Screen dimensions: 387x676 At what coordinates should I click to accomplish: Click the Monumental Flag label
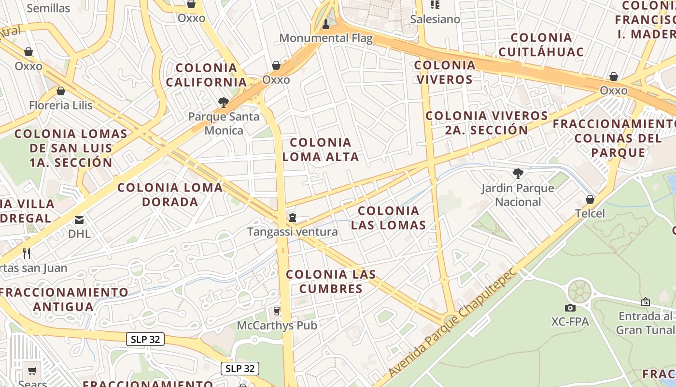pos(326,38)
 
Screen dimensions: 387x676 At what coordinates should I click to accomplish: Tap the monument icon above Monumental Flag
pos(326,24)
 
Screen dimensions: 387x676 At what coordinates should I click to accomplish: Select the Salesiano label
pos(435,19)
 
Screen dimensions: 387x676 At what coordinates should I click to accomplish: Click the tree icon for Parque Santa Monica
pos(223,102)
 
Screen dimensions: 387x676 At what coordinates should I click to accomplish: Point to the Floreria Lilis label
pos(61,105)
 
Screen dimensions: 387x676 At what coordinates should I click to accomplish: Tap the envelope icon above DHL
pos(79,221)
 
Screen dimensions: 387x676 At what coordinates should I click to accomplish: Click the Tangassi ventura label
pos(293,232)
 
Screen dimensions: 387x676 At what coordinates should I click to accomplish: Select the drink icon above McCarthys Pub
pos(277,311)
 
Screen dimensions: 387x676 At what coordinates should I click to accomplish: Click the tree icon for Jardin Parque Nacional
pos(518,173)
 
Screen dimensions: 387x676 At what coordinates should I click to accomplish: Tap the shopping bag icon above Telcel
pos(590,199)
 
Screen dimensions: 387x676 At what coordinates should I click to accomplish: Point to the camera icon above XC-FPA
pos(570,308)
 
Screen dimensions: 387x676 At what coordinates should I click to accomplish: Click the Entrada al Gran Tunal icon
pos(645,302)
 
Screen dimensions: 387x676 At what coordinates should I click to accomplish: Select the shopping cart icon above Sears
pos(32,371)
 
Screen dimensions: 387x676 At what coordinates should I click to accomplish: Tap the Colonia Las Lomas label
pos(388,218)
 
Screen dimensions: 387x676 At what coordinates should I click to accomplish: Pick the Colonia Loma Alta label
pos(321,149)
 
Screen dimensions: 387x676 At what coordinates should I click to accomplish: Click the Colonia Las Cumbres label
pos(331,282)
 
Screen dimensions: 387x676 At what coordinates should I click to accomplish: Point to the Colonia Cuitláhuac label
pos(541,45)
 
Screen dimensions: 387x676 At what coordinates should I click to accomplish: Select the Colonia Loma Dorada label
pos(170,194)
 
